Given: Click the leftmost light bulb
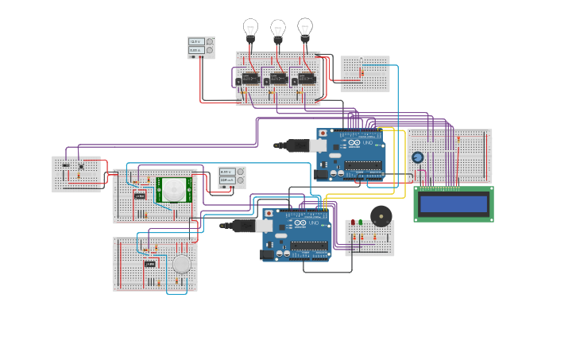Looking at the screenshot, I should point(250,29).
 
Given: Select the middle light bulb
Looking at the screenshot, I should point(278,29).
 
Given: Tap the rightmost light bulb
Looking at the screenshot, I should point(305,28).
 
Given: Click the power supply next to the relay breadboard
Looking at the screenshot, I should point(201,47).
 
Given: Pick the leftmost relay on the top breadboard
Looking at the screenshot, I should point(250,79).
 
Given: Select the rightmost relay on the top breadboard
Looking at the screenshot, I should point(306,79).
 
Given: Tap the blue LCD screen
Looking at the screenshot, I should point(453,204).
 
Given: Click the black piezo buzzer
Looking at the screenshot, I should point(381,215).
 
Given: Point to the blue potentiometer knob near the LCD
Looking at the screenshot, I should point(418,157).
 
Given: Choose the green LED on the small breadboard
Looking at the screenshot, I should point(361,223).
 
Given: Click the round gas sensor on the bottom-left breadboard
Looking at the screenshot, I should point(182,264).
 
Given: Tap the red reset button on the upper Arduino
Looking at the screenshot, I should point(323,134).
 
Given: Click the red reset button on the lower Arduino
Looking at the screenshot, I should point(269,214).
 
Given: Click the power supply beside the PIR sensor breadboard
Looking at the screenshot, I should point(232,176).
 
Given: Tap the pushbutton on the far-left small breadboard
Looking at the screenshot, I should point(80,166).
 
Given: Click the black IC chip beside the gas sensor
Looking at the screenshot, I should point(149,264).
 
